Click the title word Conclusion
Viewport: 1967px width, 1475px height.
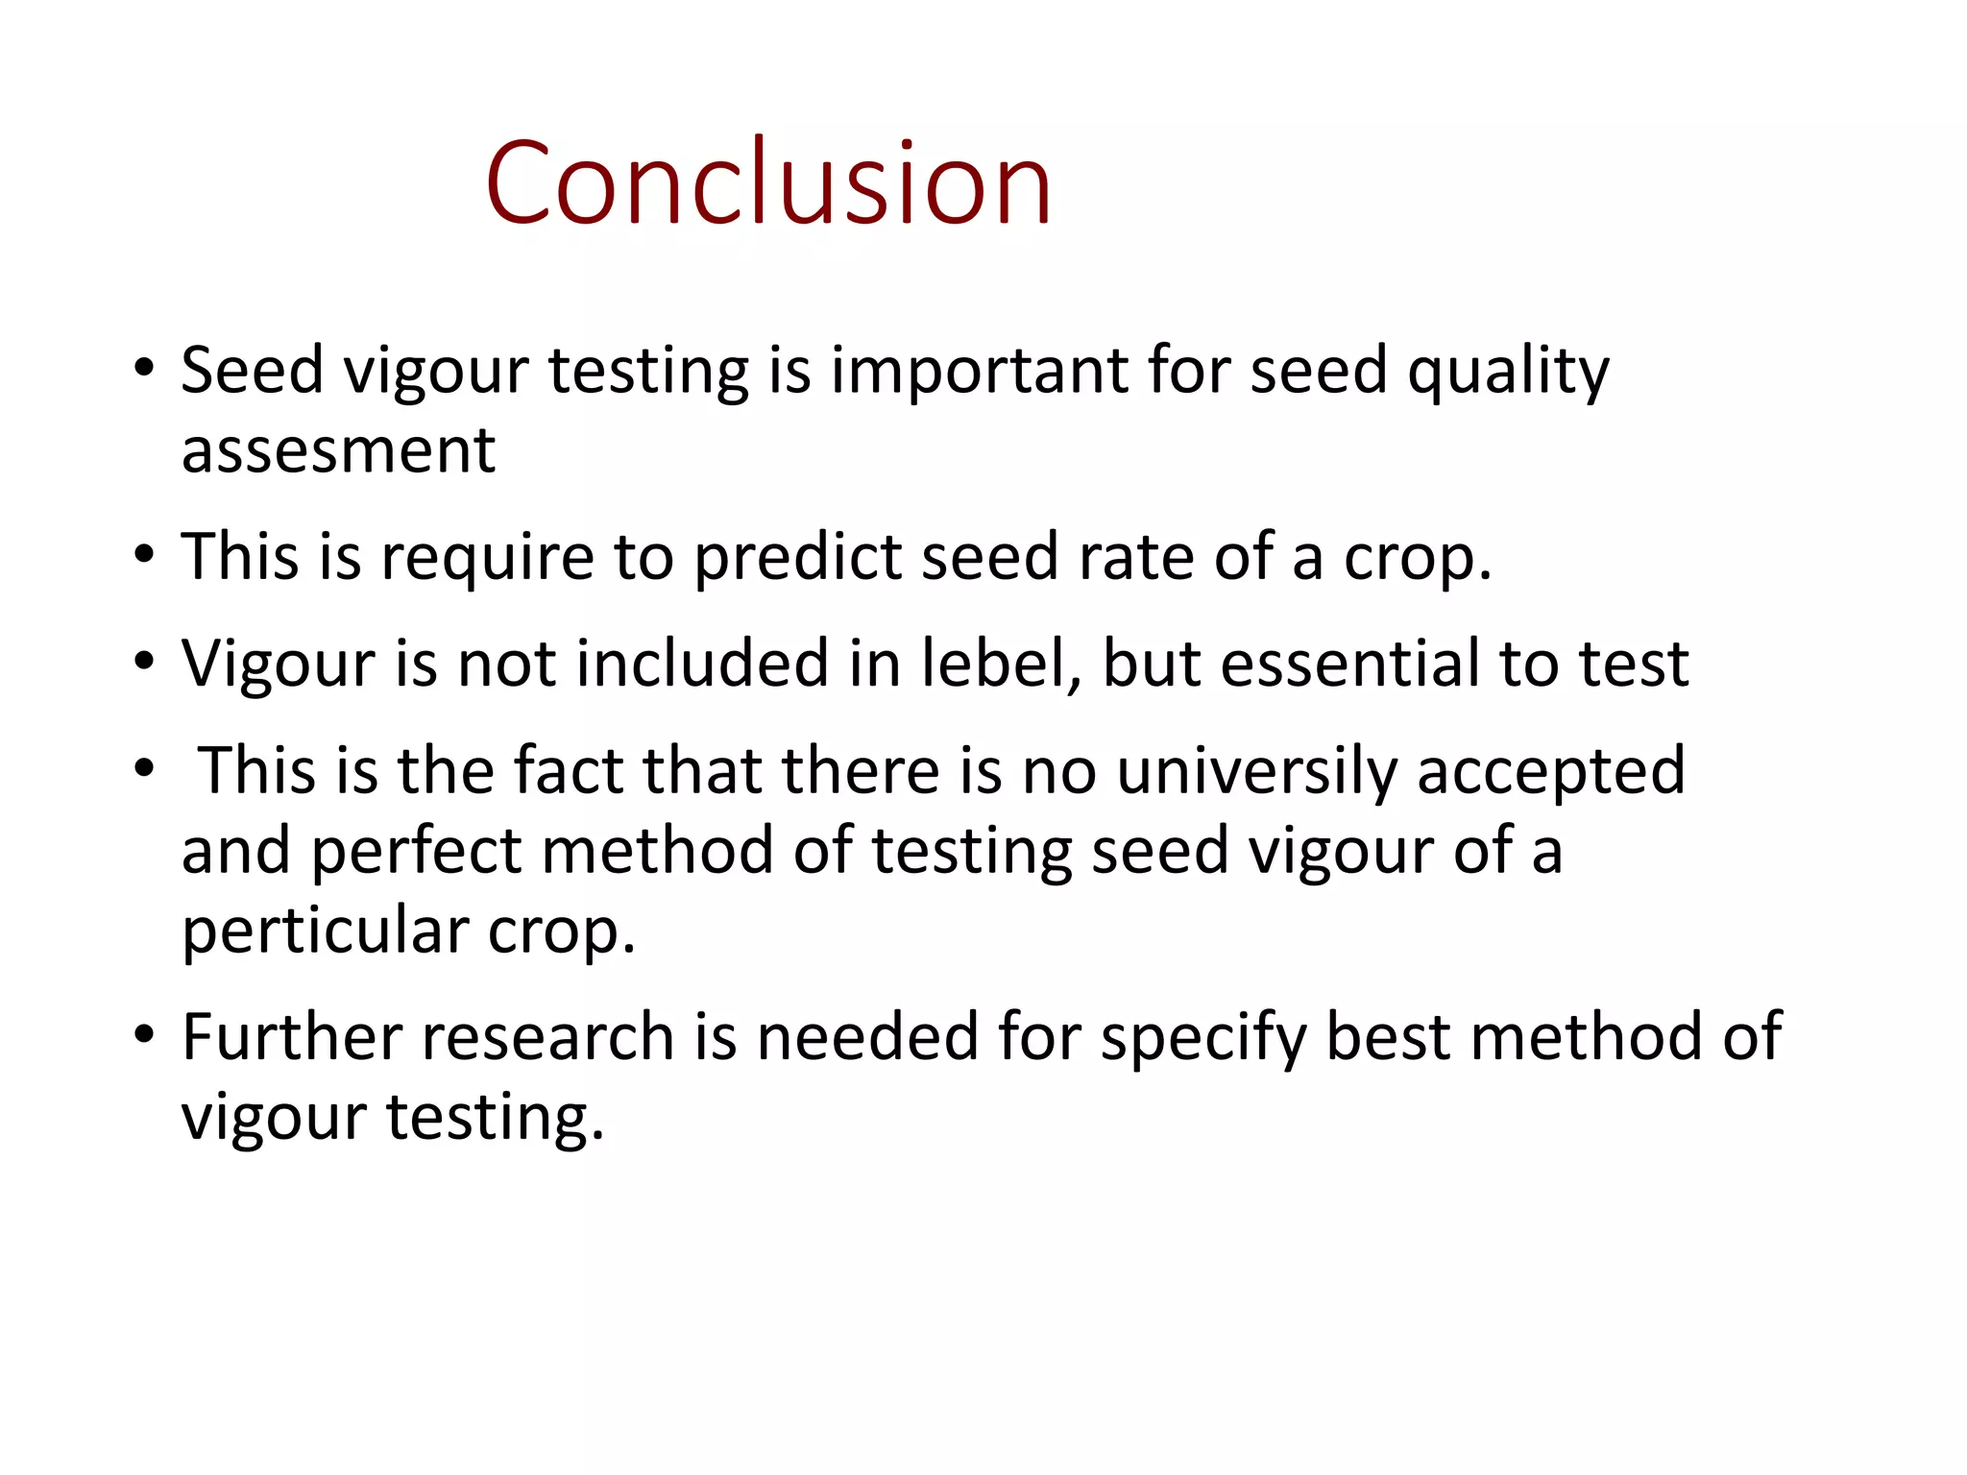pyautogui.click(x=768, y=182)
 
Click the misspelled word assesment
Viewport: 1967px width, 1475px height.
pyautogui.click(x=338, y=449)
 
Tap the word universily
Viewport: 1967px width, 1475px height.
pyautogui.click(x=1256, y=770)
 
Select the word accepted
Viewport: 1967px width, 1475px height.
pyautogui.click(x=1551, y=770)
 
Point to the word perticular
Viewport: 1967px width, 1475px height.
pyautogui.click(x=326, y=931)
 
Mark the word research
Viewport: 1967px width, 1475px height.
pyautogui.click(x=548, y=1037)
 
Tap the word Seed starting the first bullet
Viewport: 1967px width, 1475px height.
pyautogui.click(x=253, y=371)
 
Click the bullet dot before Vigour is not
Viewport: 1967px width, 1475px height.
pyautogui.click(x=144, y=662)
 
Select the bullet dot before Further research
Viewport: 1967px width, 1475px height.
pyautogui.click(x=144, y=1035)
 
